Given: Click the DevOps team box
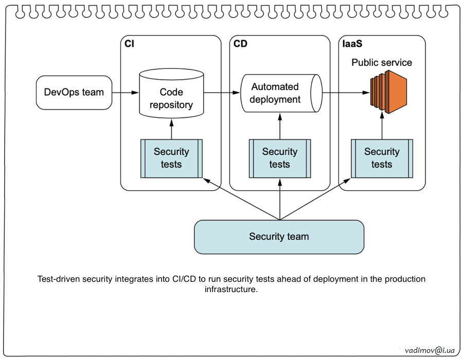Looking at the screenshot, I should coord(74,93).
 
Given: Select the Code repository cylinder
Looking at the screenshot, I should coord(171,95).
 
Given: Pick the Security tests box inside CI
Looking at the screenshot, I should coord(171,158).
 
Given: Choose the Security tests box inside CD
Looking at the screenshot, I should coord(280,158).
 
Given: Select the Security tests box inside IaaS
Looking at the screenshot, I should coord(382,158).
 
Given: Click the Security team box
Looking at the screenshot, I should coord(279,237).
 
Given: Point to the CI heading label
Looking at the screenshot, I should coord(130,44).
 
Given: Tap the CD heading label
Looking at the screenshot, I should coord(240,44).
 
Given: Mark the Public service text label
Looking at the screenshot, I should coord(382,63).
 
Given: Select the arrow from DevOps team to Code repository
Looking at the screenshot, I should coord(125,93).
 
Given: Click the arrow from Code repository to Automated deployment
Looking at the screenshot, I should coord(222,93).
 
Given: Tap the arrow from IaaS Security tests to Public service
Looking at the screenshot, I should coord(382,127).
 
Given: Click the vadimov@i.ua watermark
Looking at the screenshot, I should coord(430,350).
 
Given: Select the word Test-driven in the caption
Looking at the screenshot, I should coord(61,279).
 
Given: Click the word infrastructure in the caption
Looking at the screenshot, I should coord(230,290).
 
